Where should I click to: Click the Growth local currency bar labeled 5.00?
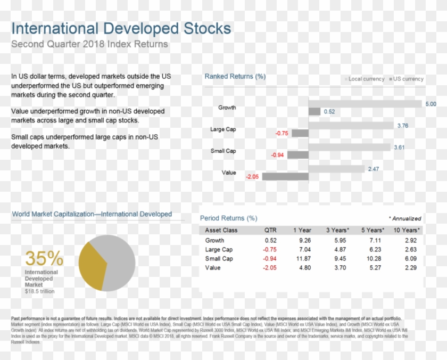(365, 103)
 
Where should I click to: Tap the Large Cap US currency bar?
(300, 133)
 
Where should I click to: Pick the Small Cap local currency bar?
(349, 148)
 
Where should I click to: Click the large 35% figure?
(44, 259)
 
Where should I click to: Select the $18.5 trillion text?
(39, 291)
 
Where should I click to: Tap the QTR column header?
(270, 230)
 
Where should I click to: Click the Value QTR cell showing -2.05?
(270, 268)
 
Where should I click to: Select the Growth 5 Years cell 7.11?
(374, 241)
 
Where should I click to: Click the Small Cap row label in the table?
(219, 259)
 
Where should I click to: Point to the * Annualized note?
(404, 218)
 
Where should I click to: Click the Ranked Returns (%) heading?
(235, 77)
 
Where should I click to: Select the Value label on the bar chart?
(228, 173)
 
